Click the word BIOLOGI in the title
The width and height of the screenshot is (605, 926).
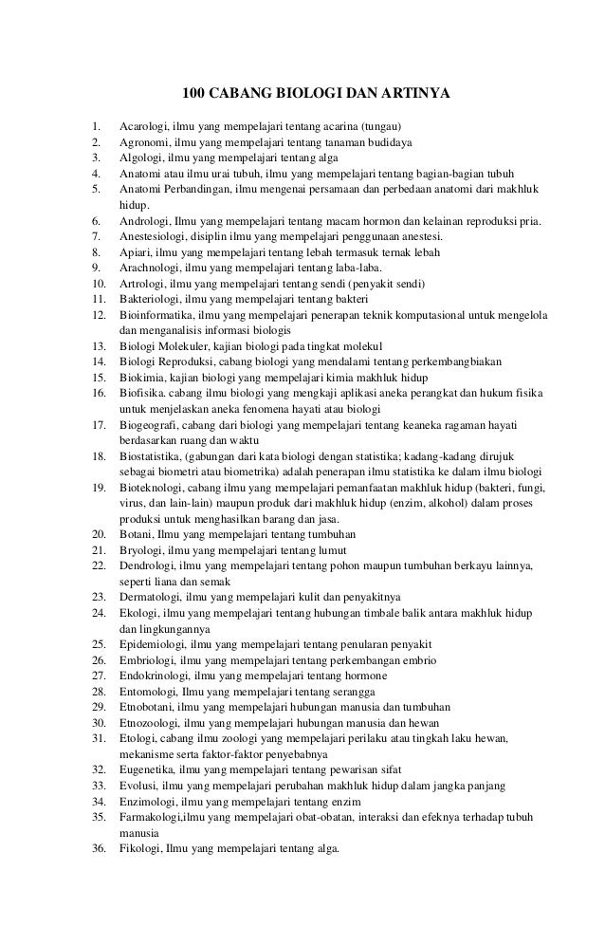[x=302, y=94]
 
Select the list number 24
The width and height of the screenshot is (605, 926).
[x=97, y=612]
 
